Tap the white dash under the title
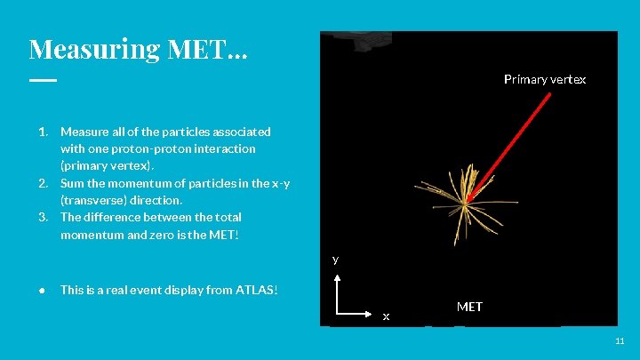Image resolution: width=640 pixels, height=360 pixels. [x=42, y=80]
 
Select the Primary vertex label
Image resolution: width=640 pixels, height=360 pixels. [x=544, y=80]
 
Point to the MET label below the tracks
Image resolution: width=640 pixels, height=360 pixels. [x=469, y=307]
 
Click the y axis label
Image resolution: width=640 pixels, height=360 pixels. [x=335, y=260]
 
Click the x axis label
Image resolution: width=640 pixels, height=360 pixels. [x=386, y=316]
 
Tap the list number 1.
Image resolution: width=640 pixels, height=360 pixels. [x=42, y=132]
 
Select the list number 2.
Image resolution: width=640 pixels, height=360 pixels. [x=42, y=183]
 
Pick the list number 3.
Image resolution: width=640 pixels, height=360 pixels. [x=42, y=217]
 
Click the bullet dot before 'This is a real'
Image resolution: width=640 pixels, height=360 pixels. [x=42, y=290]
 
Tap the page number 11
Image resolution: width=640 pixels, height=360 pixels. [x=620, y=341]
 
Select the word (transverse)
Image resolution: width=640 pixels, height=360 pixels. [x=92, y=200]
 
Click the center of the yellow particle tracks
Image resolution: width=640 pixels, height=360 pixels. [x=465, y=203]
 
